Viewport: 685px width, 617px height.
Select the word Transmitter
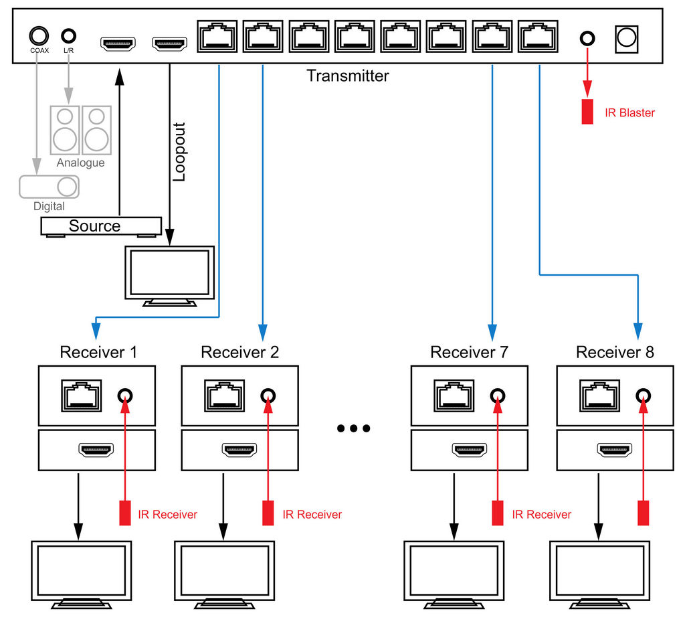(347, 76)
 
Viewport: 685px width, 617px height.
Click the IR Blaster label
(629, 112)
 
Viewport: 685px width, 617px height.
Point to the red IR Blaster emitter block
(587, 111)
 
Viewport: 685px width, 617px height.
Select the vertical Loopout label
(179, 151)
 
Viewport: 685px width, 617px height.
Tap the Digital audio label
(49, 207)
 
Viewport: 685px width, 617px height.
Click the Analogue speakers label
(80, 163)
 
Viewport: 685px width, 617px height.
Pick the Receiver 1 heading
(98, 351)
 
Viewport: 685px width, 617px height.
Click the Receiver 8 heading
(615, 351)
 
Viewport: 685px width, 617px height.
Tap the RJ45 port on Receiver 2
(226, 395)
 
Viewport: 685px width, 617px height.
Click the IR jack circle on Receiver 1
(124, 395)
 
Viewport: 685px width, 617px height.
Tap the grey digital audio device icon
(48, 186)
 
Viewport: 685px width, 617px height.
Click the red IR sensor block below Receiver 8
(644, 513)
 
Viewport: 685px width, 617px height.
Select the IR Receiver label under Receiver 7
(541, 514)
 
